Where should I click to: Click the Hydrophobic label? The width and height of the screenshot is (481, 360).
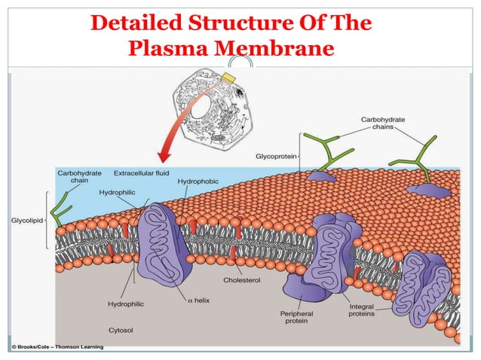click(198, 182)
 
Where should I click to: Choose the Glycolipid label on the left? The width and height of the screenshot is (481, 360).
click(26, 221)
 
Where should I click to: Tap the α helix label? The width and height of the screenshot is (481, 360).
click(198, 301)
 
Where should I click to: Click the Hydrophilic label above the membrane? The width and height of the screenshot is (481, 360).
click(118, 193)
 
